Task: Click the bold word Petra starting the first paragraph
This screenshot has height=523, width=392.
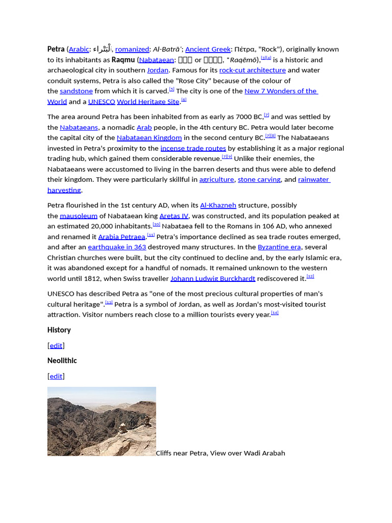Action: click(x=56, y=49)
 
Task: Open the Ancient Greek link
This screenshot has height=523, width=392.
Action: click(x=208, y=49)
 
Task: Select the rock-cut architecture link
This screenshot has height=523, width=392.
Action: click(x=252, y=70)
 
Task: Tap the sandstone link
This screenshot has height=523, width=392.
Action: click(x=76, y=91)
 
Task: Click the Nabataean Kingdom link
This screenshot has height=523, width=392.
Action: click(x=149, y=137)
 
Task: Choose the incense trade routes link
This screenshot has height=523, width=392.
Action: click(x=193, y=148)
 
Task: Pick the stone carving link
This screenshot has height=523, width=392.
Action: click(x=259, y=179)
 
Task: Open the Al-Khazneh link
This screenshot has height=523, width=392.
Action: click(x=218, y=205)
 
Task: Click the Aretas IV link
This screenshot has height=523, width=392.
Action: click(x=174, y=216)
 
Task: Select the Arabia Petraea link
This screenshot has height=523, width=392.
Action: click(x=121, y=236)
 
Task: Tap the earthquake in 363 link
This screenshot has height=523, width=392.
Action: click(x=117, y=247)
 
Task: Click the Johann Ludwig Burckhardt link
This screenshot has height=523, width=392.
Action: click(x=212, y=278)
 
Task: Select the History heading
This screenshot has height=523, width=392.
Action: click(x=59, y=330)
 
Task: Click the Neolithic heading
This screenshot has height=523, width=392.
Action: click(x=62, y=361)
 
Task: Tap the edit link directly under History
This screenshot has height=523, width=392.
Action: click(x=56, y=345)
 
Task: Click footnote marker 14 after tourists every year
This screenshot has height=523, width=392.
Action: click(x=275, y=313)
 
